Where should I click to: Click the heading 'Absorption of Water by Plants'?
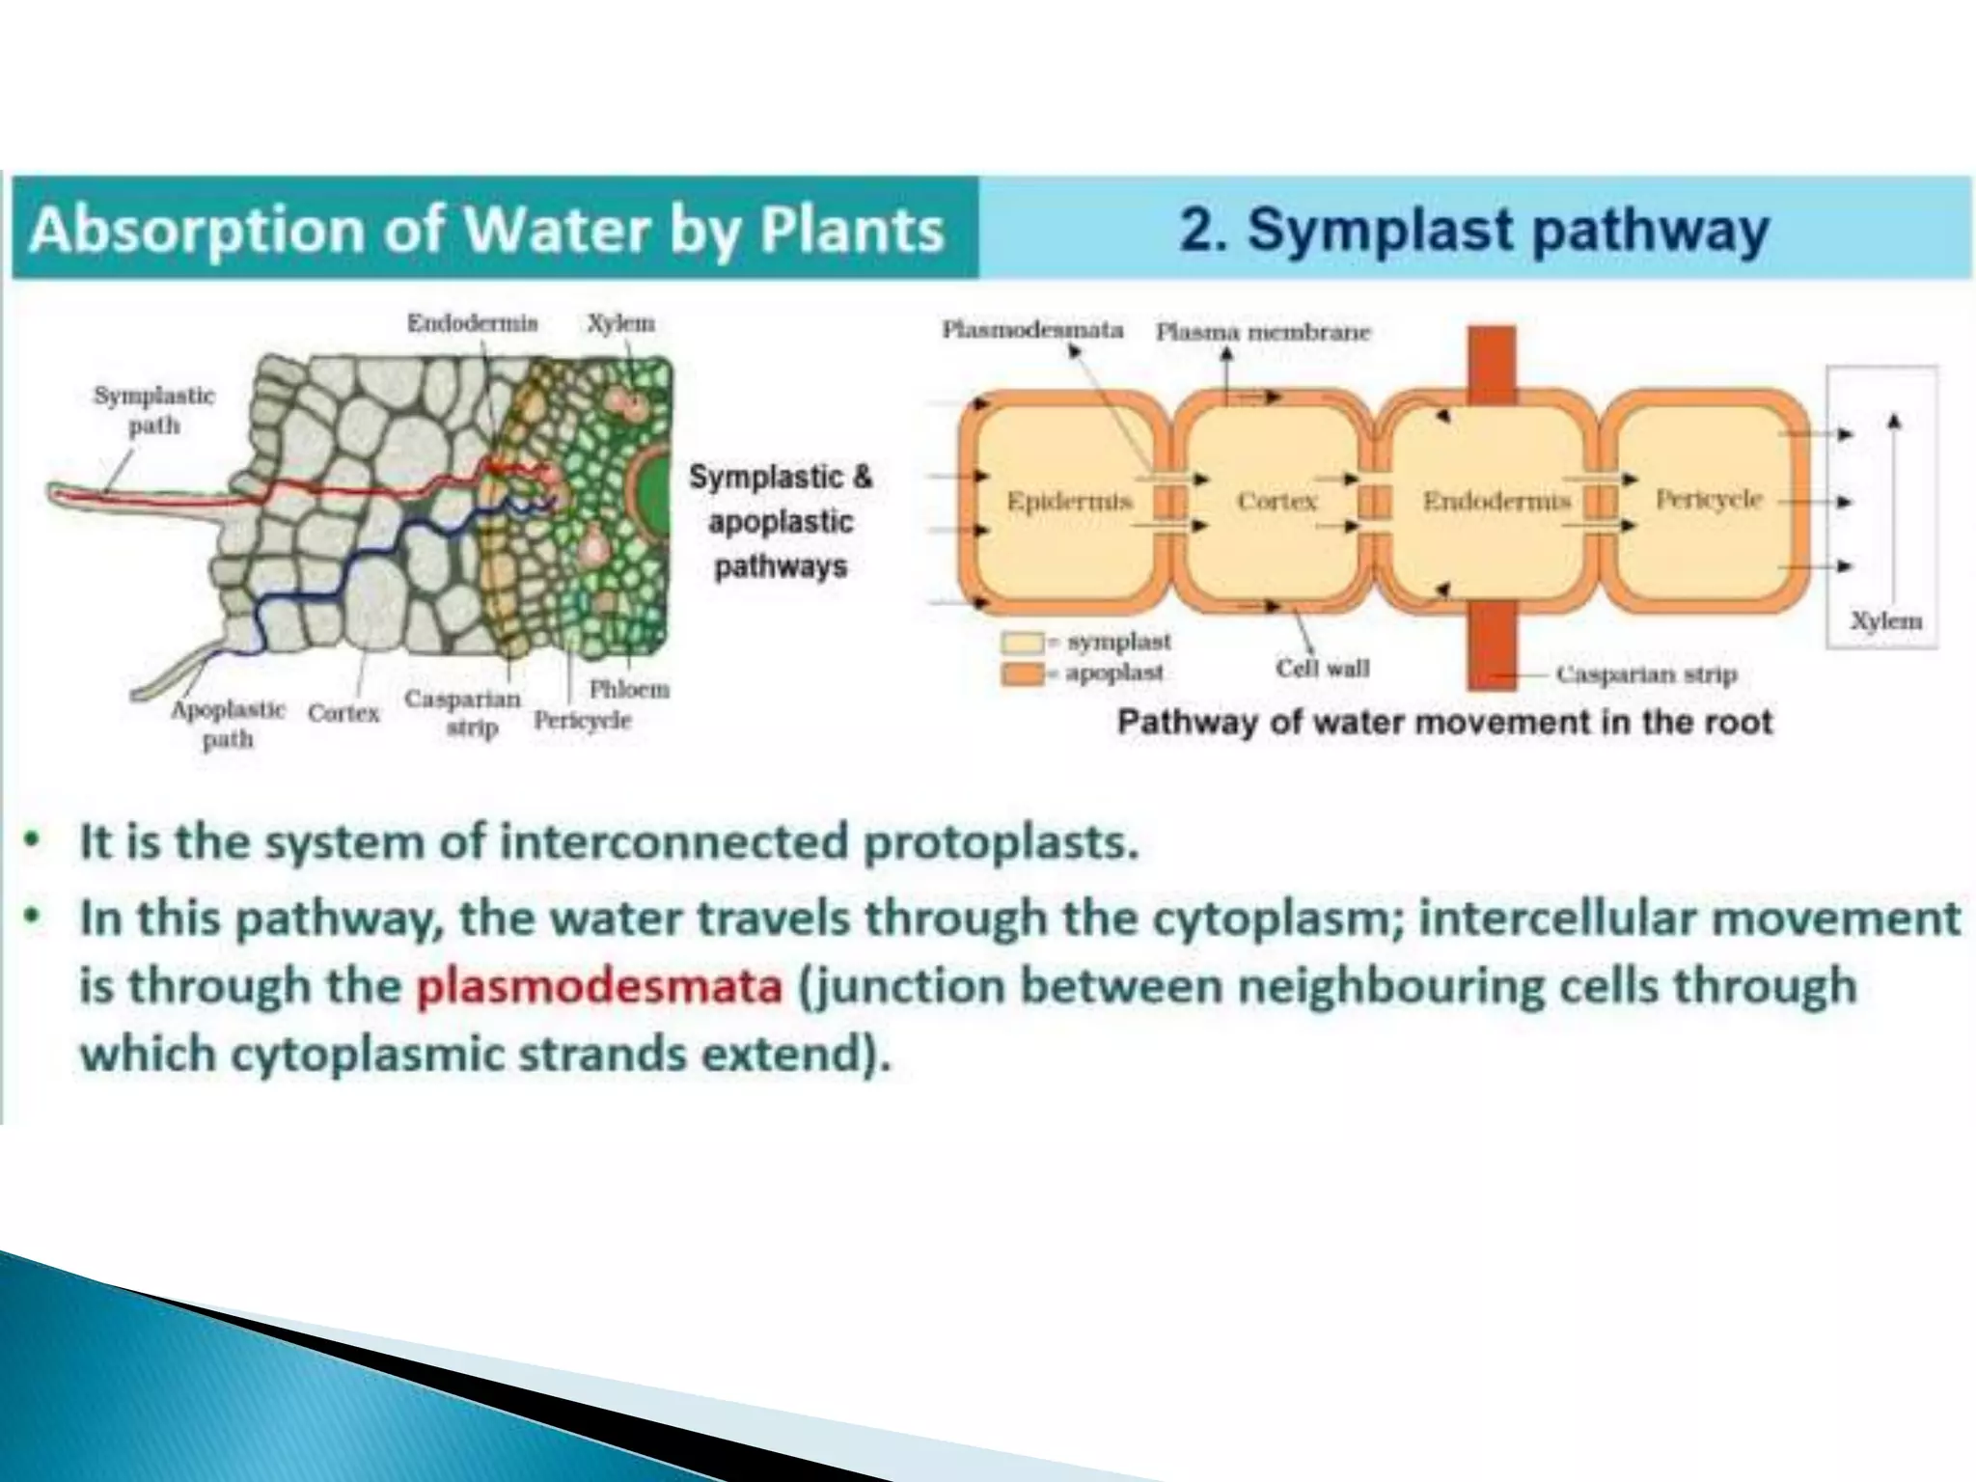tap(486, 230)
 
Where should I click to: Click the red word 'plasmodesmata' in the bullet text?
tap(599, 986)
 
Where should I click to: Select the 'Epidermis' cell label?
tap(1068, 502)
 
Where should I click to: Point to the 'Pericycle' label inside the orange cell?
tap(1709, 499)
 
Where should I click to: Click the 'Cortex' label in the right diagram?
tap(1276, 502)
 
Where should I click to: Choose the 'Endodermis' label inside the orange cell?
tap(1496, 502)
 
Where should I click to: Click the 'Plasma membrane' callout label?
tap(1263, 333)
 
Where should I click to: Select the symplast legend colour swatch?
tap(1023, 643)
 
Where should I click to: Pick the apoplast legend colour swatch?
tap(1023, 672)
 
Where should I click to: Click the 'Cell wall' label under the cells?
tap(1322, 669)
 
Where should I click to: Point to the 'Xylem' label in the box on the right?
tap(1885, 621)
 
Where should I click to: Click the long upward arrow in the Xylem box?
tap(1894, 511)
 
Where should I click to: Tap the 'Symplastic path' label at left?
tap(154, 410)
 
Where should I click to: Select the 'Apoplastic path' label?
tap(228, 724)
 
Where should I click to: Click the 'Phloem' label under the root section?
tap(629, 689)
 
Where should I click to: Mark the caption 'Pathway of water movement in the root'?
tap(1444, 723)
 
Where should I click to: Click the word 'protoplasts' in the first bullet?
tap(1001, 842)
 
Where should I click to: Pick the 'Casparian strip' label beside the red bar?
tap(1646, 674)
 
